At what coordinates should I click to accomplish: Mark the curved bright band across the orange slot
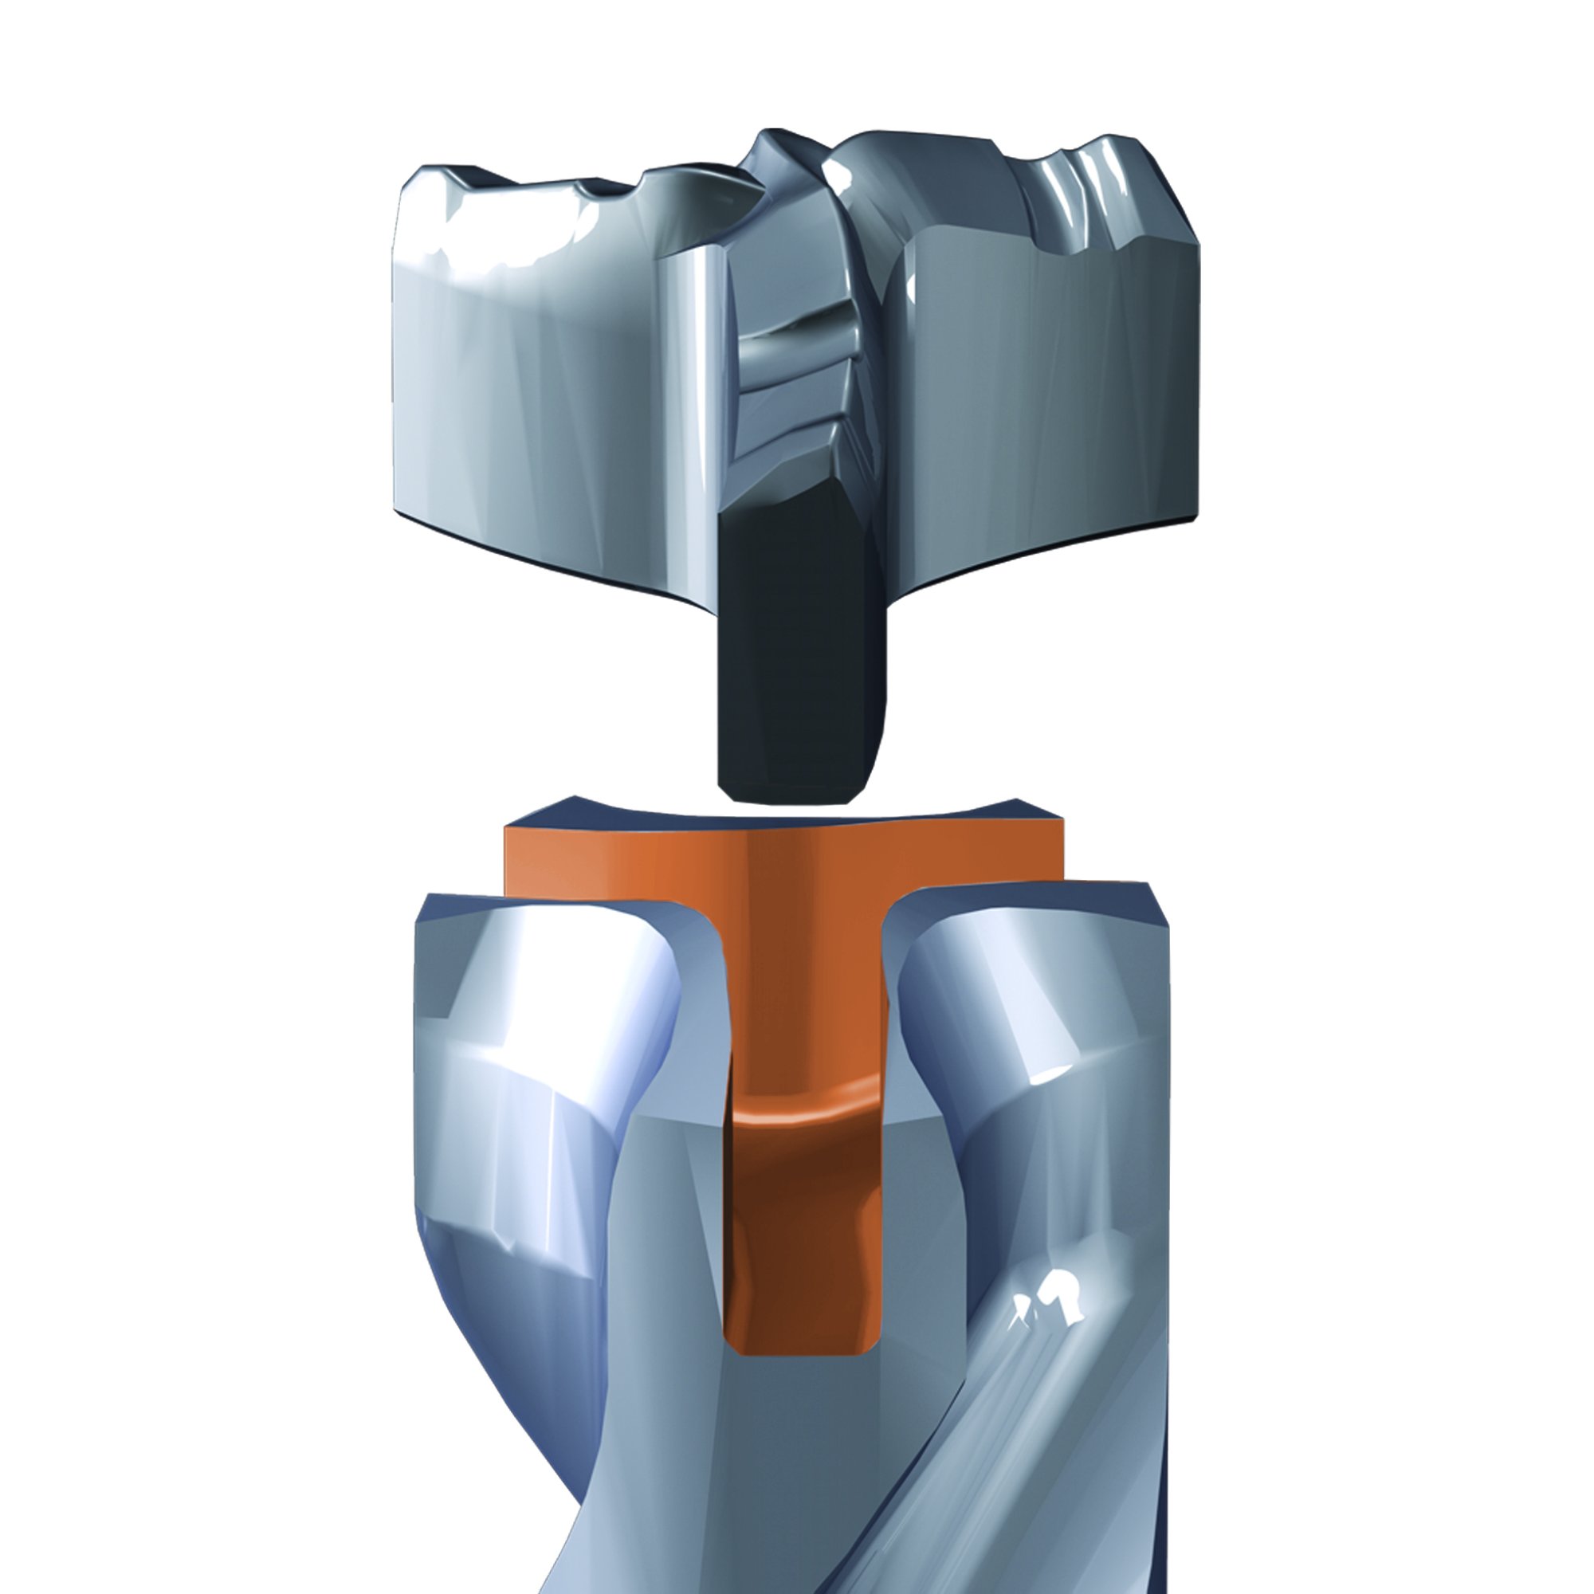click(804, 1114)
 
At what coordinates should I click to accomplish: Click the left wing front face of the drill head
click(544, 396)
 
